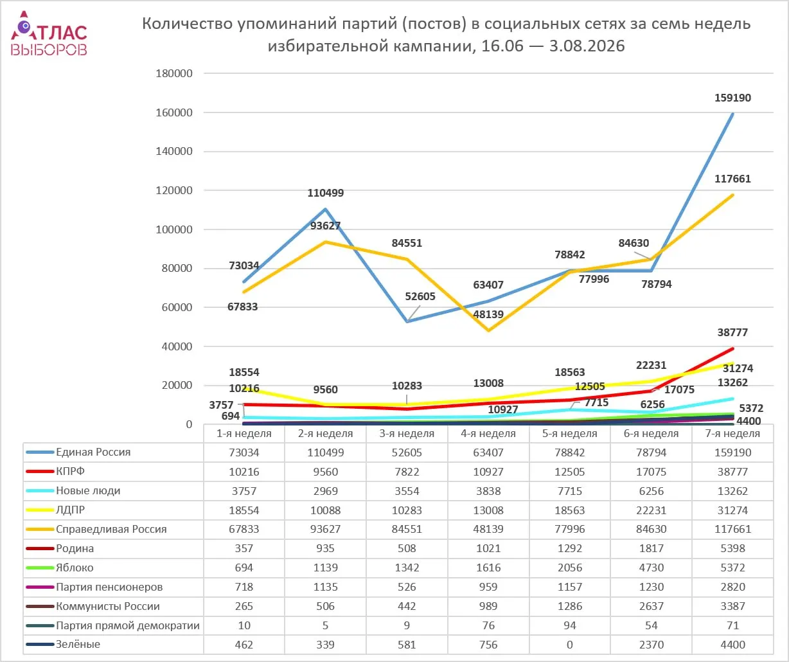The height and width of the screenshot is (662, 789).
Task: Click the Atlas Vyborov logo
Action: click(49, 33)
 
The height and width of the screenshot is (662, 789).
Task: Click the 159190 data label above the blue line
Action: click(732, 98)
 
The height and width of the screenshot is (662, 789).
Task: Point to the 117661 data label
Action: click(732, 179)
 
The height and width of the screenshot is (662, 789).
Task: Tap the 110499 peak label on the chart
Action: click(325, 193)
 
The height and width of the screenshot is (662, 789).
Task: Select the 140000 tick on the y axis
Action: click(174, 151)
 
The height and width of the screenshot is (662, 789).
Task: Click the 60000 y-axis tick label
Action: click(177, 307)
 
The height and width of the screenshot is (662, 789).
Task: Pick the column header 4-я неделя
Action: click(488, 433)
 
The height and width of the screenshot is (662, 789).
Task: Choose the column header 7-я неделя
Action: click(732, 433)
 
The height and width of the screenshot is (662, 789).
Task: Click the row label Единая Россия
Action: click(93, 452)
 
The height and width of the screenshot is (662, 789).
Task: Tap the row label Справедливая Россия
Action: click(111, 530)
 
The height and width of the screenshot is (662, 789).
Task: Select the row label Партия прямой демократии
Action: click(128, 626)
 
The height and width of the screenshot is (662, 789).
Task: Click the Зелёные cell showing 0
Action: click(569, 645)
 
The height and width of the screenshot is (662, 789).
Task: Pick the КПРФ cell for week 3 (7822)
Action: click(407, 472)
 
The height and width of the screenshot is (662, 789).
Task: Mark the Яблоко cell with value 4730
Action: click(651, 568)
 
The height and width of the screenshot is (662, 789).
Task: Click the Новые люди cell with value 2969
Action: click(325, 491)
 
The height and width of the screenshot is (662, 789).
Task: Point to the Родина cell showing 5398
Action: click(732, 549)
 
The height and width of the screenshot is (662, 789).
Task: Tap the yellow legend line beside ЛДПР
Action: click(40, 510)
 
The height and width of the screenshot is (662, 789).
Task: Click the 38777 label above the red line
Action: click(732, 333)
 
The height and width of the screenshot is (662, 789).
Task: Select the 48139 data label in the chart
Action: click(488, 314)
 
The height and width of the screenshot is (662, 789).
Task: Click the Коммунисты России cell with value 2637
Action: click(651, 607)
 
